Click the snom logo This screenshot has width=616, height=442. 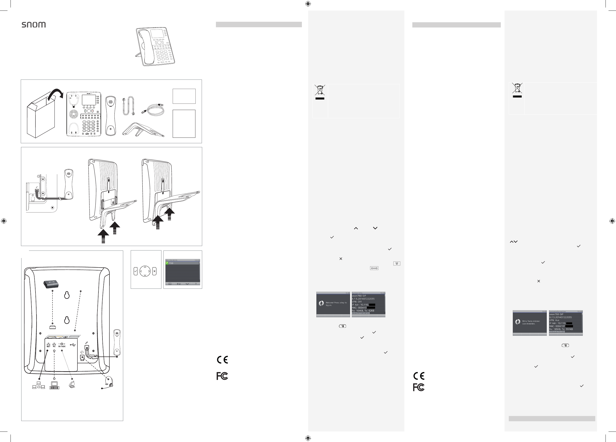coord(34,25)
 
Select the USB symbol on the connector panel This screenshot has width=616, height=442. coord(72,345)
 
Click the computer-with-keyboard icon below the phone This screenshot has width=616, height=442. coord(54,385)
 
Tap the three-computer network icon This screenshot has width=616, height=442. coord(38,385)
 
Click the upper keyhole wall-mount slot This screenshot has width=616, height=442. coord(67,295)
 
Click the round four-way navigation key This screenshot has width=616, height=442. coord(145,271)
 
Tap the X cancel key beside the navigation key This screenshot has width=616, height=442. coord(154,271)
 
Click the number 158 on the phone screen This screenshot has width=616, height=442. coord(171,263)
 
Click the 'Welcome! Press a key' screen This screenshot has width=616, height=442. coord(333,304)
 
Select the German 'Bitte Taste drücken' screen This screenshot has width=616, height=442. coord(530,323)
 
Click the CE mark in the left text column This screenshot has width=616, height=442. coord(222,360)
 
